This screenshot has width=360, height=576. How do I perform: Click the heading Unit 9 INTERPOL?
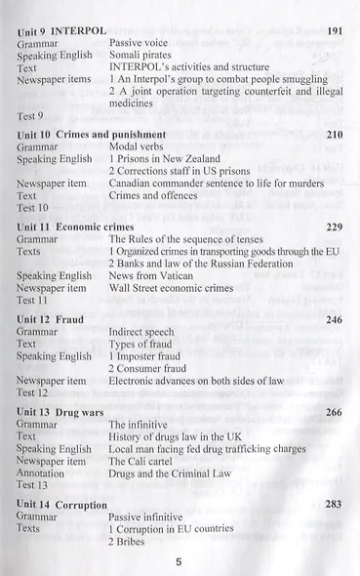[60, 31]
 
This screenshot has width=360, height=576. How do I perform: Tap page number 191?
[335, 31]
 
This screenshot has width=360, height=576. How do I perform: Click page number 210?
[334, 133]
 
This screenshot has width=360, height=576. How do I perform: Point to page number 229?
[334, 226]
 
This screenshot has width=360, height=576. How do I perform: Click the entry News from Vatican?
[153, 276]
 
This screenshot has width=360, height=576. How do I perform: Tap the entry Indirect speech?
[145, 332]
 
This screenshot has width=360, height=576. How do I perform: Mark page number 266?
[334, 412]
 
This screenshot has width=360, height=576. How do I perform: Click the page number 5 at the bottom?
[180, 561]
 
